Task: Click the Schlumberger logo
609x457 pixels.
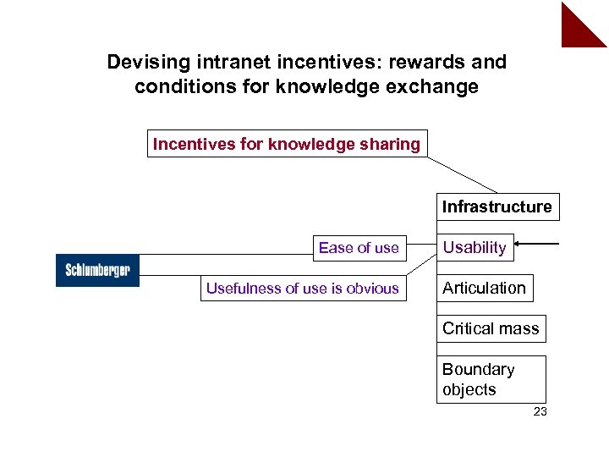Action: [97, 270]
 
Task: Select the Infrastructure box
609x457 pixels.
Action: [497, 206]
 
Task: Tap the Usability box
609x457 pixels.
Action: [475, 247]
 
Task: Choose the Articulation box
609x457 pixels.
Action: [484, 288]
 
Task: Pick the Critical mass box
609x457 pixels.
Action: [491, 328]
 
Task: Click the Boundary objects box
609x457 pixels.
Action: [491, 379]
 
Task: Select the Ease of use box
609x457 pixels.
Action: [359, 247]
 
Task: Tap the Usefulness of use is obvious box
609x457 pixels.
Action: [302, 288]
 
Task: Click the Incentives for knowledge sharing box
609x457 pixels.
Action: [287, 144]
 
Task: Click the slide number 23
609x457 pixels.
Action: [540, 412]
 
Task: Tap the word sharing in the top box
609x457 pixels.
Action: [391, 144]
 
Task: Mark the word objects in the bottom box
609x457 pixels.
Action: [469, 389]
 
